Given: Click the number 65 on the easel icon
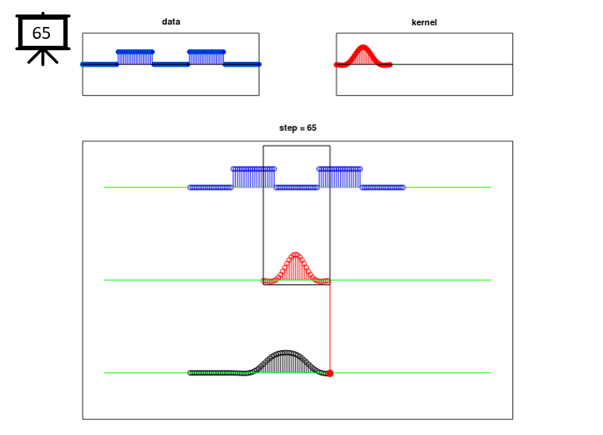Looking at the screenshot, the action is coord(41,33).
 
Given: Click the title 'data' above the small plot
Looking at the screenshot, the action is coord(171,21).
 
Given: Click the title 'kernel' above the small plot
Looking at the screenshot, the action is coord(424,22).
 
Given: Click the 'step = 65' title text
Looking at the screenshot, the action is coord(298,128).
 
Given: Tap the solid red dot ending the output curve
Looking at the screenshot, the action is coord(330,373).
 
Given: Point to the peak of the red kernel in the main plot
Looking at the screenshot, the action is coord(296,254).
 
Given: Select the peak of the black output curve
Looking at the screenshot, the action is coord(285,352).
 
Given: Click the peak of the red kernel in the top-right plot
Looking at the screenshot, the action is coord(363,48).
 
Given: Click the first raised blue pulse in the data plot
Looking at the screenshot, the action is coord(135,57).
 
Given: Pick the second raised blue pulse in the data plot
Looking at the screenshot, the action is coord(207,57).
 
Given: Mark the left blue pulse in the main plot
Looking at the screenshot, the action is coord(253,177).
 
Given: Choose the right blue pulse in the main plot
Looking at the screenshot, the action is coord(339,177).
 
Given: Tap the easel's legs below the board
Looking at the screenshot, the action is coord(43,56).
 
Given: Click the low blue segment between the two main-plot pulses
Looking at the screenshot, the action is coord(296,187).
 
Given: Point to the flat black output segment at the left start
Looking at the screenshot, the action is coord(217,373).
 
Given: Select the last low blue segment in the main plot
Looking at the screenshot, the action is coord(383,187).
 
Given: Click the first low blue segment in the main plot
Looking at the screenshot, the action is coord(211,187).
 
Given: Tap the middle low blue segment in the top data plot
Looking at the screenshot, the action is coord(171,64).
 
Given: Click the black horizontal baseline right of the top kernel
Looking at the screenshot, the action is coord(452,64).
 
